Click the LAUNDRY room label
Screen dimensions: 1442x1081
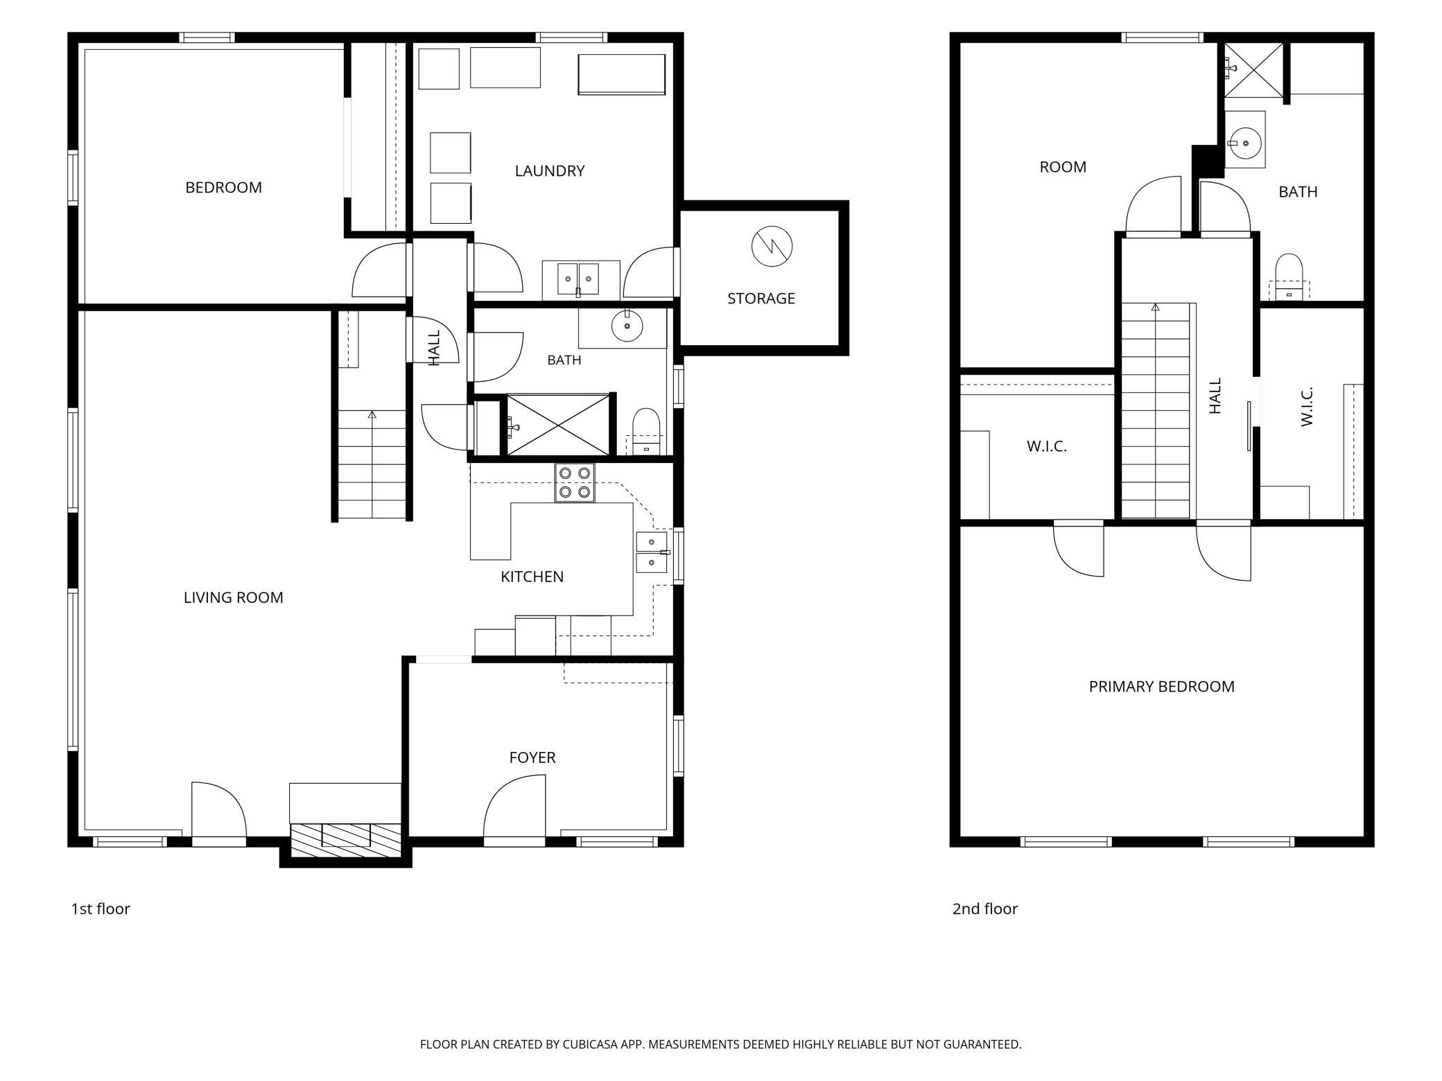(x=550, y=170)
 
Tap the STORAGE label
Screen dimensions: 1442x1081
(x=761, y=298)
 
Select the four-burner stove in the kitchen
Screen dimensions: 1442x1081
(x=575, y=482)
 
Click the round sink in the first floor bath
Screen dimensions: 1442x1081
(x=627, y=326)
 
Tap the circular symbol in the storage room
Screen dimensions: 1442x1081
(x=772, y=246)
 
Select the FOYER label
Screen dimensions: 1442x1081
(x=532, y=757)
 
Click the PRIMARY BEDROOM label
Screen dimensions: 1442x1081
(x=1161, y=686)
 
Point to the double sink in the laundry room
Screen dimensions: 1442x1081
(x=579, y=279)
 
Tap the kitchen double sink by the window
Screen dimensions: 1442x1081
(x=652, y=552)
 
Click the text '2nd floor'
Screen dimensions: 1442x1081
(x=984, y=908)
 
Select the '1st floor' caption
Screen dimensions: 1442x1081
(x=101, y=908)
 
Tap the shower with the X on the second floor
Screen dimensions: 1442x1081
(x=1252, y=70)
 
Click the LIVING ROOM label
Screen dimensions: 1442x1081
(x=233, y=597)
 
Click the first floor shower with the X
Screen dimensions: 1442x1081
(x=557, y=425)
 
